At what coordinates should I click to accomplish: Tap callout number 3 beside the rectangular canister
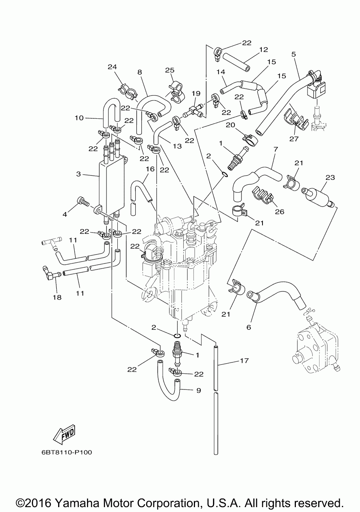point(78,174)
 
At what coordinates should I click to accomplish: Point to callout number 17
point(244,361)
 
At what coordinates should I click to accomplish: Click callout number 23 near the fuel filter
point(330,177)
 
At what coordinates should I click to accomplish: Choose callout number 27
point(294,138)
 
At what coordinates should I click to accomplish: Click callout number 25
point(170,70)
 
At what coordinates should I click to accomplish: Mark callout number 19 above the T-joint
point(196,93)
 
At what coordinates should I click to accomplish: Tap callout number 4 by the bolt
point(65,214)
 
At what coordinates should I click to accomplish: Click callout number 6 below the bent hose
point(249,327)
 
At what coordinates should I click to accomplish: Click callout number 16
point(150,169)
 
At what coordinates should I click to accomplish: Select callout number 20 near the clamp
point(231,125)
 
